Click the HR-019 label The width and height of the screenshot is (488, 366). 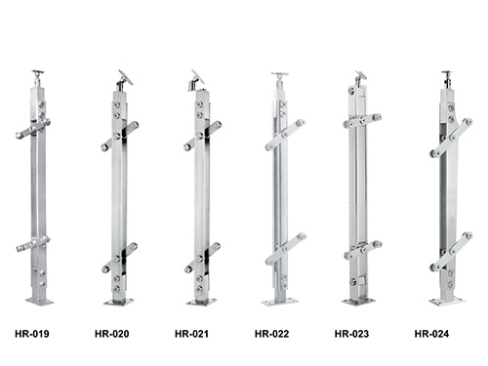pyautogui.click(x=32, y=334)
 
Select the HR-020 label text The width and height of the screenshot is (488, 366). pyautogui.click(x=112, y=334)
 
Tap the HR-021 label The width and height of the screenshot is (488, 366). pyautogui.click(x=191, y=334)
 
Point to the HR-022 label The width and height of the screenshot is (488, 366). pyautogui.click(x=271, y=334)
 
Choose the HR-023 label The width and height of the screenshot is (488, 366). pyautogui.click(x=351, y=334)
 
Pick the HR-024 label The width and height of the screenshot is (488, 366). pyautogui.click(x=431, y=334)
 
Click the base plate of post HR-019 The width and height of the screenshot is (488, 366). pyautogui.click(x=39, y=302)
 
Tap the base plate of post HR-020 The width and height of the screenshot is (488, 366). pyautogui.click(x=119, y=303)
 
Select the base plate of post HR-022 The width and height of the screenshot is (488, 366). pyautogui.click(x=280, y=303)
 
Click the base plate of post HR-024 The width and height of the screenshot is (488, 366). pyautogui.click(x=447, y=302)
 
